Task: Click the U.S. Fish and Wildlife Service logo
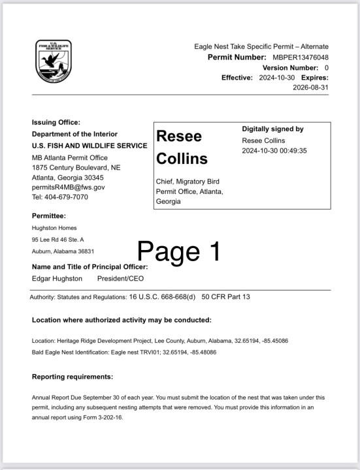tap(53, 61)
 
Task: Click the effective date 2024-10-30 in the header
tap(273, 78)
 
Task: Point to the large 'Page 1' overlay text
tap(179, 251)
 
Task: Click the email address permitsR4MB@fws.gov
tap(68, 187)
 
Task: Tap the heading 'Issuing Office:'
tap(56, 122)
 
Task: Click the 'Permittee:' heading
tap(49, 215)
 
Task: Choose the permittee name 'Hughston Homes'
tap(54, 228)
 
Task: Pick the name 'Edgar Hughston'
tap(57, 278)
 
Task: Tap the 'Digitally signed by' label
tap(272, 129)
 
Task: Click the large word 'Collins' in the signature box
tap(182, 159)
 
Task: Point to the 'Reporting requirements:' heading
tap(72, 377)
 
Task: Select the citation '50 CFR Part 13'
tap(225, 297)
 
